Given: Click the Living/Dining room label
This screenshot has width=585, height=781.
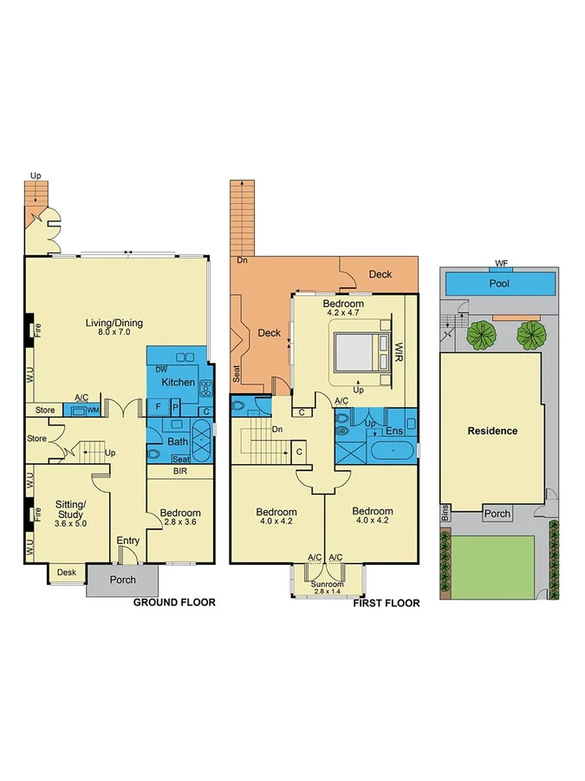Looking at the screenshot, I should [114, 324].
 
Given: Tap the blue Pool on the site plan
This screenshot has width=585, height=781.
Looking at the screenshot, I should [499, 284].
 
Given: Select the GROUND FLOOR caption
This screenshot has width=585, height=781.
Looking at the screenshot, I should [173, 602].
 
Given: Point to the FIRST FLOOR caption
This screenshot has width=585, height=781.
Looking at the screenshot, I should [386, 603].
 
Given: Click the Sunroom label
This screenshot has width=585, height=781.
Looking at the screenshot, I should [327, 584].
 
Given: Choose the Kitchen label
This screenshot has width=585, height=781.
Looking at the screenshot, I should [178, 383].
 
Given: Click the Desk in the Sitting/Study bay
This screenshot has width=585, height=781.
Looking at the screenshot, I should [66, 573].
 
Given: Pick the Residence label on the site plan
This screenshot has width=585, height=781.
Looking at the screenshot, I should [492, 430].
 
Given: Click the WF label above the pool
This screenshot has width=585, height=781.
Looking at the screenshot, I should [500, 263].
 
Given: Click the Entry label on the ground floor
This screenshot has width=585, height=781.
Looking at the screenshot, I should [127, 541].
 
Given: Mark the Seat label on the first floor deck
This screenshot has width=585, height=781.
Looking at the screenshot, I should [237, 373].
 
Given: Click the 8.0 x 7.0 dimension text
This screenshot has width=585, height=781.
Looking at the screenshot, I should [114, 335].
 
